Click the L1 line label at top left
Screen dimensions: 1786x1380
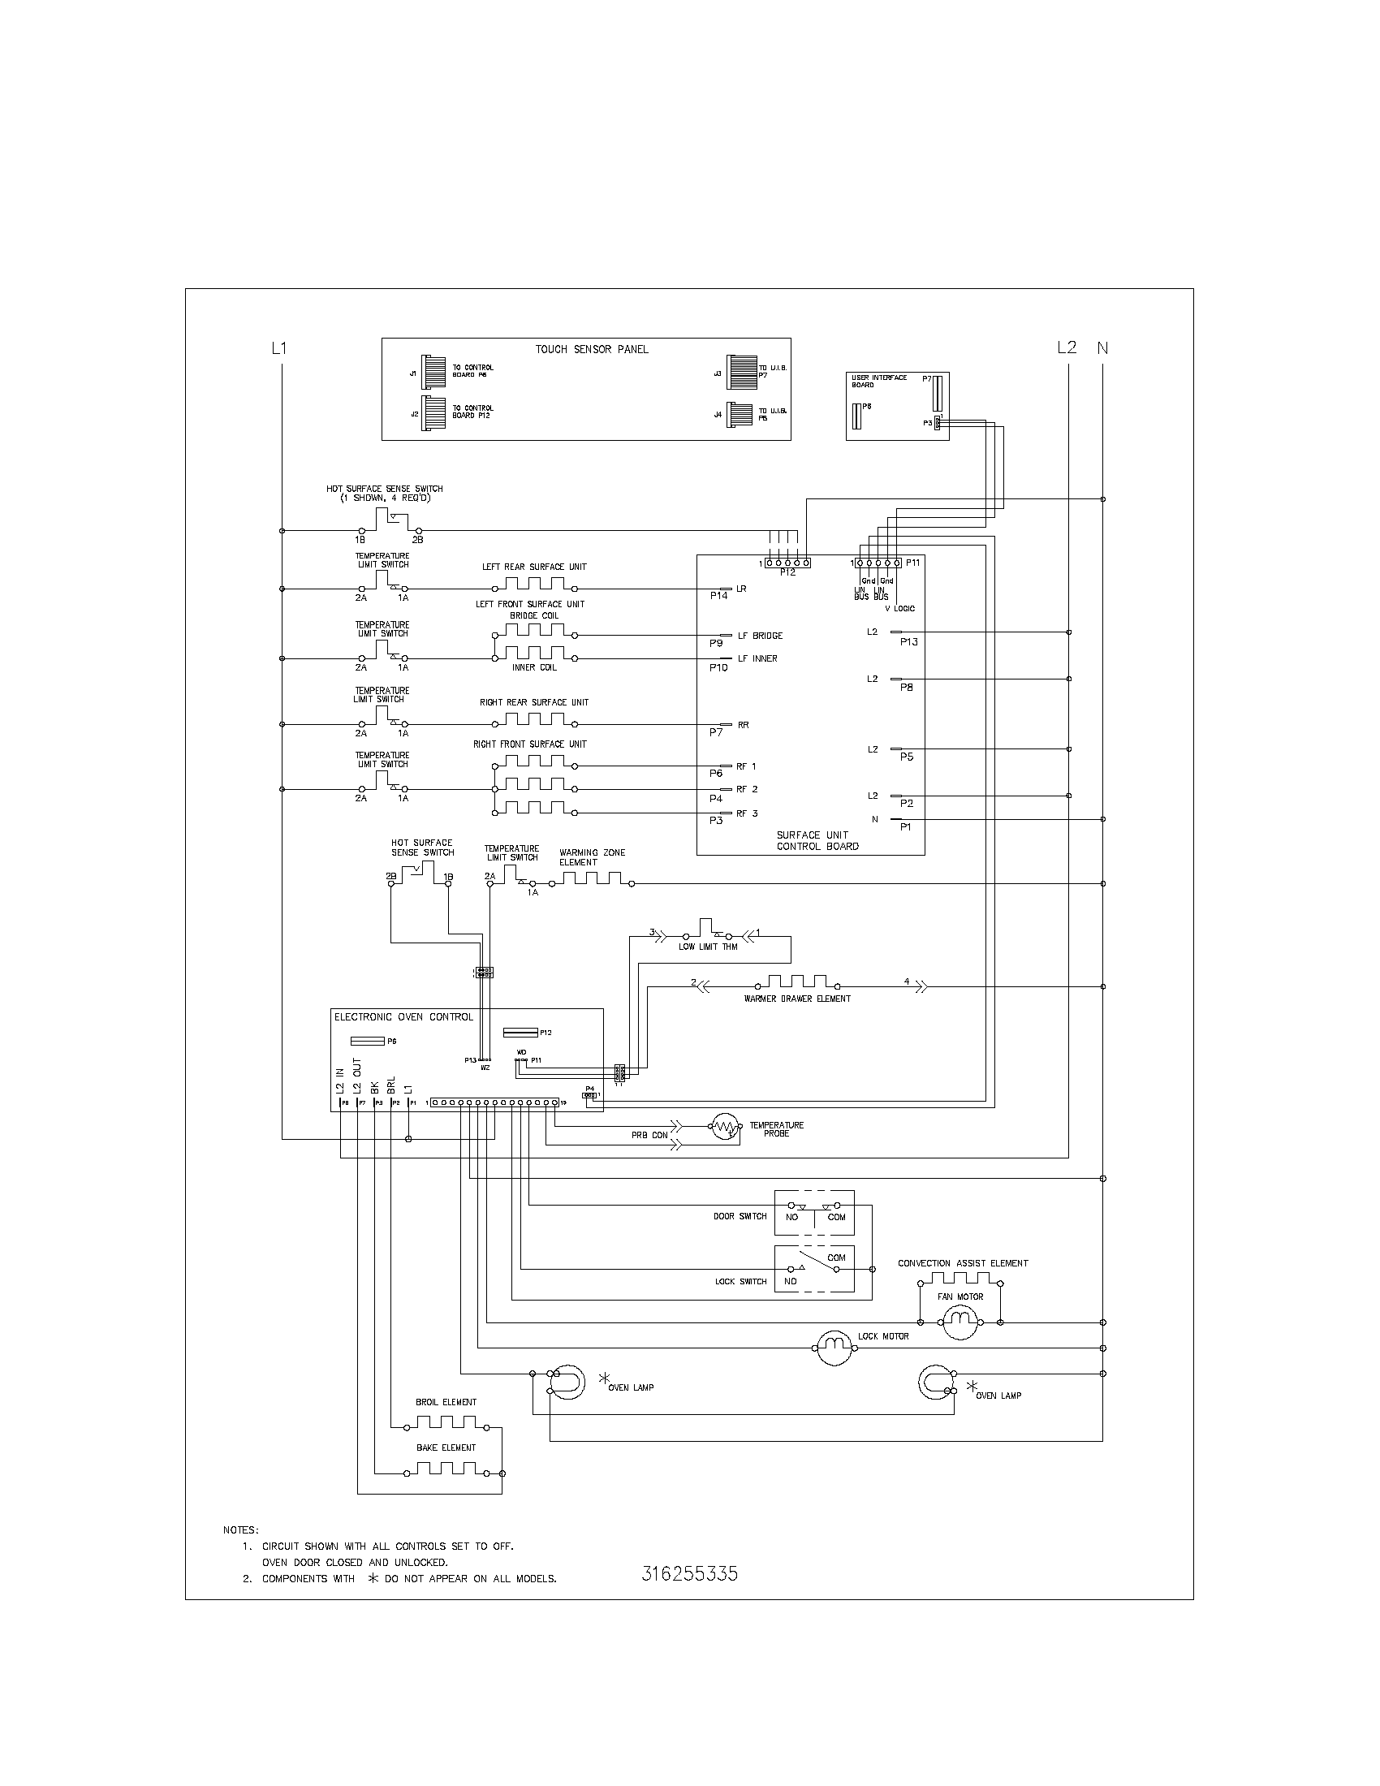click(x=279, y=348)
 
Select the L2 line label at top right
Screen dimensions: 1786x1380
click(x=1067, y=347)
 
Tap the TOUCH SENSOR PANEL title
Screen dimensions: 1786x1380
click(x=592, y=349)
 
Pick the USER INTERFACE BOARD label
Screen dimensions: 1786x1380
click(x=879, y=381)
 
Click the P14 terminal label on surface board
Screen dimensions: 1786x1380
click(x=718, y=596)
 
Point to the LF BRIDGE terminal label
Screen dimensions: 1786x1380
click(x=760, y=636)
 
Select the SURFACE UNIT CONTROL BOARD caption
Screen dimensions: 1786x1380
click(x=817, y=841)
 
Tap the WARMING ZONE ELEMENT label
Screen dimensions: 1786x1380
click(x=592, y=857)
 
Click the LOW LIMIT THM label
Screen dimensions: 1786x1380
click(x=708, y=947)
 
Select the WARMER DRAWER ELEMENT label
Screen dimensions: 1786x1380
click(x=797, y=999)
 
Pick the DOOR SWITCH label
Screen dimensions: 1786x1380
click(x=740, y=1216)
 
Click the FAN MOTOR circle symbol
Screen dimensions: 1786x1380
click(x=960, y=1321)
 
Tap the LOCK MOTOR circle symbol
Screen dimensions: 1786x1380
click(x=834, y=1345)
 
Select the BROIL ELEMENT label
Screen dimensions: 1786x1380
click(x=446, y=1402)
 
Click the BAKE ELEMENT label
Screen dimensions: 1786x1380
click(x=446, y=1447)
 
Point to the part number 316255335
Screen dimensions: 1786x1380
click(x=689, y=1574)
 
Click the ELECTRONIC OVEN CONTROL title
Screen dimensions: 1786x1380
click(x=403, y=1017)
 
